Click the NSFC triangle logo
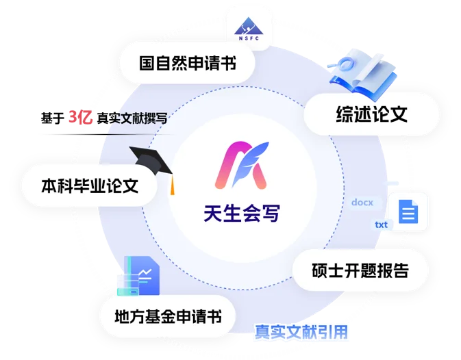point(249,29)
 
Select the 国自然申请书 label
point(188,63)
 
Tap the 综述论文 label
point(372,114)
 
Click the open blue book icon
point(363,73)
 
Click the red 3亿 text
point(81,117)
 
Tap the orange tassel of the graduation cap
point(173,185)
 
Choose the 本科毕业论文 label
point(90,185)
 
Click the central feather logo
point(242,165)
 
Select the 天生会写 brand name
point(242,213)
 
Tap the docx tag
point(362,203)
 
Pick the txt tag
point(382,224)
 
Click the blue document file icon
point(408,211)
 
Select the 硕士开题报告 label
point(360,270)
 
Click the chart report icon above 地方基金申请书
point(138,275)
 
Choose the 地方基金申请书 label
point(169,317)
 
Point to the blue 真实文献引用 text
point(301,332)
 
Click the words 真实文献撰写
point(132,118)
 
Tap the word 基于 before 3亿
point(52,118)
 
